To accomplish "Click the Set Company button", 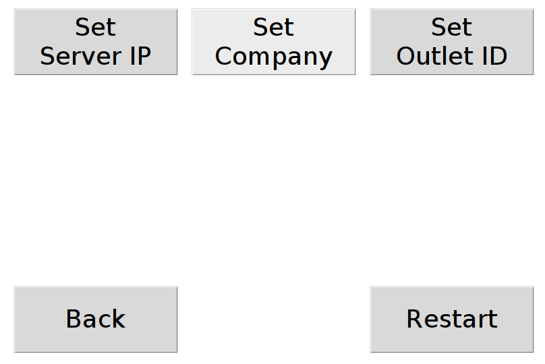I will click(x=273, y=42).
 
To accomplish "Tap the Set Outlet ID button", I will click(x=451, y=42).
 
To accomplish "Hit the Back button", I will click(x=96, y=319).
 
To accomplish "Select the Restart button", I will click(x=451, y=319).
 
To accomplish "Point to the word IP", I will click(x=140, y=57).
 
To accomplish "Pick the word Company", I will click(x=273, y=57).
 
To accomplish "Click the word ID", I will click(x=493, y=57).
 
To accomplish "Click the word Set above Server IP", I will click(x=96, y=28).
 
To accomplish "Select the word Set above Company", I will click(x=273, y=28).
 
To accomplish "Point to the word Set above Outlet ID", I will click(x=451, y=28).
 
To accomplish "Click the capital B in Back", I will click(x=74, y=319).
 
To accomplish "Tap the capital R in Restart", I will click(x=414, y=319).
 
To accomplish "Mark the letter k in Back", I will click(x=117, y=319).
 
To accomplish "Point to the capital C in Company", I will click(x=223, y=57).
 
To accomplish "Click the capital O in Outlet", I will click(x=406, y=57).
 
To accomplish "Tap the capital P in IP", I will click(x=144, y=57).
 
